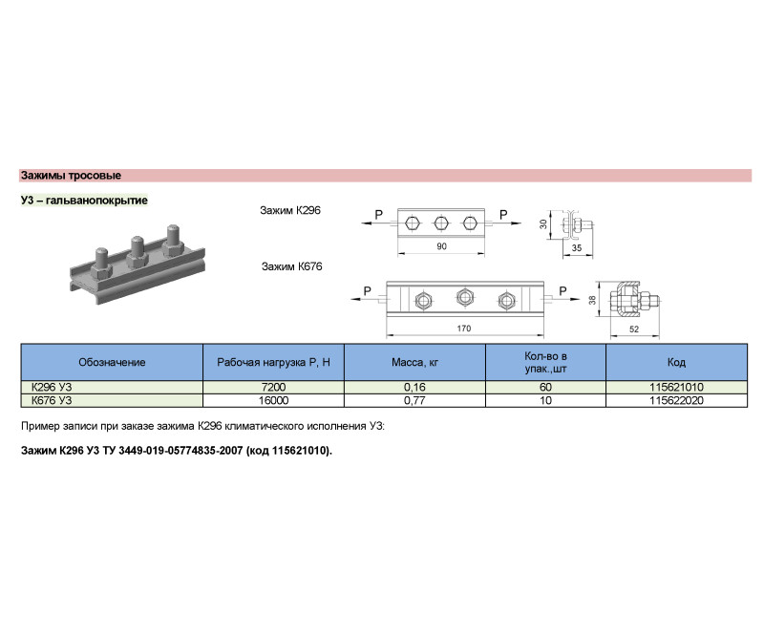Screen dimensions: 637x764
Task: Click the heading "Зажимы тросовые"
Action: tap(71, 176)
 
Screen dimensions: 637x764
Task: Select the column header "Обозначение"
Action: tap(112, 363)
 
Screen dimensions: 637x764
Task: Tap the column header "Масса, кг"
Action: tap(414, 363)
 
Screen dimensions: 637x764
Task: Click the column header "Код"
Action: tap(676, 363)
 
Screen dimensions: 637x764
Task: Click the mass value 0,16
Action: tap(414, 387)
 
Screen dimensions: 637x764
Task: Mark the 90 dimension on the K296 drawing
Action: tap(440, 247)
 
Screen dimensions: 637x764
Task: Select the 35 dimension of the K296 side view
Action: tap(577, 247)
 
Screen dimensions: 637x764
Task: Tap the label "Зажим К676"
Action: tap(291, 268)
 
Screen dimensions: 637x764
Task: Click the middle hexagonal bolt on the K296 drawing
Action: tap(440, 223)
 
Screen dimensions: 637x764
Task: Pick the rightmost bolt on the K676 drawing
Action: tap(505, 301)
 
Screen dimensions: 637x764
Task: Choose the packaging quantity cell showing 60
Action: tap(545, 387)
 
